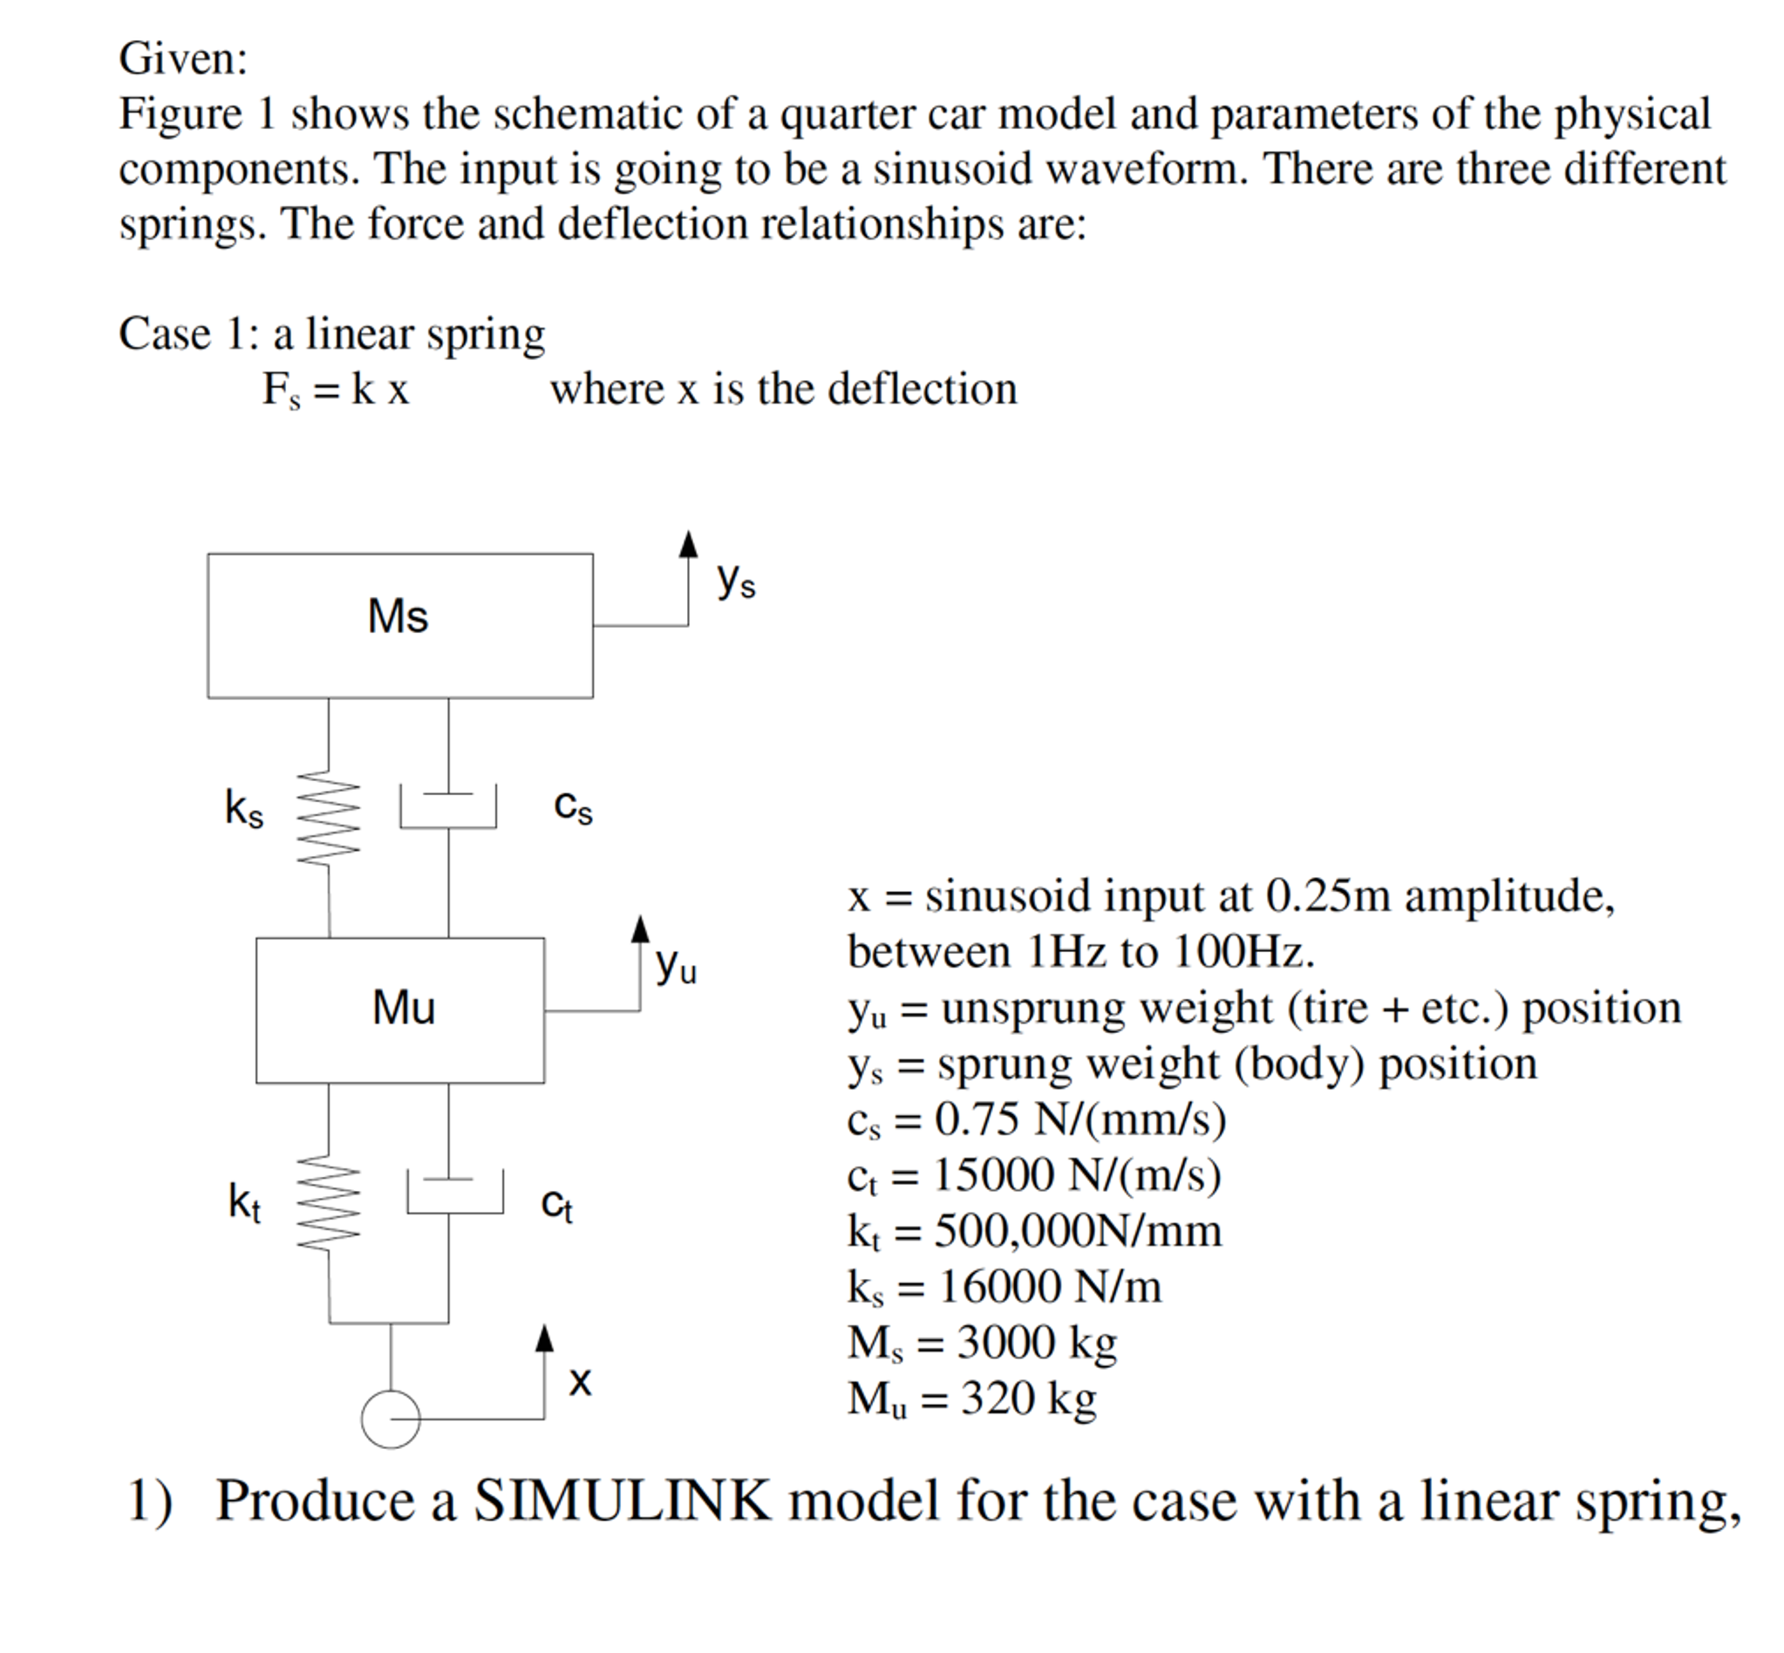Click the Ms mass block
(399, 625)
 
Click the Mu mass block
(399, 1010)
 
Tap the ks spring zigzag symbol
(329, 819)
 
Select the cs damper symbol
(448, 807)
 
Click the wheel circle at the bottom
(390, 1418)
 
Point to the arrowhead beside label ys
(687, 545)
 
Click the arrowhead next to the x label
(544, 1338)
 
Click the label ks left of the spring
(243, 808)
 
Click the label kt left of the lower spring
(243, 1201)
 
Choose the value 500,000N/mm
(1077, 1231)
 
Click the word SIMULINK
(621, 1500)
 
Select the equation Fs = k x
(335, 390)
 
